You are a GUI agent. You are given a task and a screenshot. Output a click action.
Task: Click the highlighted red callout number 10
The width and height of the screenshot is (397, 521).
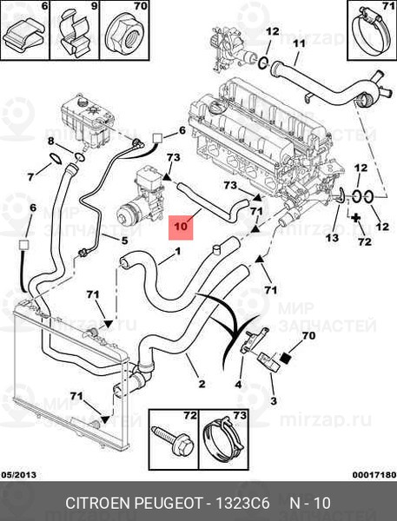point(181,227)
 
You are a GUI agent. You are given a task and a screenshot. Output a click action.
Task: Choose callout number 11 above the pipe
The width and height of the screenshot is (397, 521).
point(299,43)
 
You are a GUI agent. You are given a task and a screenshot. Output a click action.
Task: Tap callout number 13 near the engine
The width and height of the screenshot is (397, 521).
point(332,237)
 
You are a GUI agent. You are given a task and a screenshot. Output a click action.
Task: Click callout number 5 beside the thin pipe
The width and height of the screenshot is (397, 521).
point(124,240)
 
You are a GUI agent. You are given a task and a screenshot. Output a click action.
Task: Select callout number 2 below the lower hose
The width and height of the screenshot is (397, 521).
point(202,384)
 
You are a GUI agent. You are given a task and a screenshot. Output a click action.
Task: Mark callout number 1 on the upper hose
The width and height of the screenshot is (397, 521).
point(177,251)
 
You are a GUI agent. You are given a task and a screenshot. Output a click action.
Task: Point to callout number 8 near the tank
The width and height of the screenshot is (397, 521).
point(50,141)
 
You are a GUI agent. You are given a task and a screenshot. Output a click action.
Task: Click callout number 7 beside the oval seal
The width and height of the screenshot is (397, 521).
point(30,177)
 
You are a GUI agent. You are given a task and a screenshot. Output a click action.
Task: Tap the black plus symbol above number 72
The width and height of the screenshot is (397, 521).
point(356,218)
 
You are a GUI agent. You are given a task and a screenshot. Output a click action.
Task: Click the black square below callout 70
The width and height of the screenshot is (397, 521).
point(286,358)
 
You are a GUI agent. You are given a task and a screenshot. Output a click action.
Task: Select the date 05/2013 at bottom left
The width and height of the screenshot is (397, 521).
point(19,475)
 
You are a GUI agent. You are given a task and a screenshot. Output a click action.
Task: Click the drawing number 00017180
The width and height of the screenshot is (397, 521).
point(374,475)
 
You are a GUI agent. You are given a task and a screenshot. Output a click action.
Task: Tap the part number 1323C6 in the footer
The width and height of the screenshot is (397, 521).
point(242,503)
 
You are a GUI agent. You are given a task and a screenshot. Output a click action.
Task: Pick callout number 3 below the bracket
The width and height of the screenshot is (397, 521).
point(273,400)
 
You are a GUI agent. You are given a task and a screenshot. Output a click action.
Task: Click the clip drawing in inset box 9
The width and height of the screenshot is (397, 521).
point(75,33)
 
